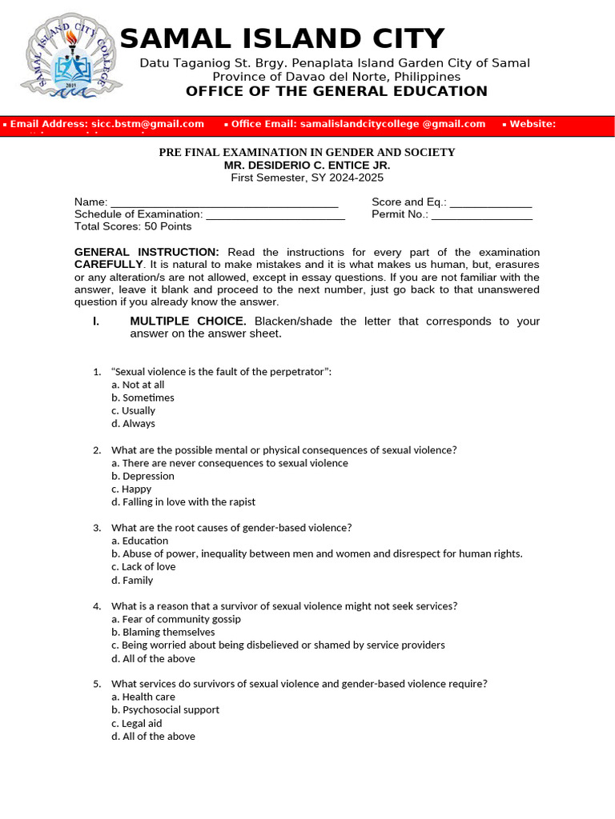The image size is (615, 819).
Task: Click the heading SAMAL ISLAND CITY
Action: (x=282, y=39)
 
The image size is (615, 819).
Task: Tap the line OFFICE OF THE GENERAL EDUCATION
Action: (x=336, y=91)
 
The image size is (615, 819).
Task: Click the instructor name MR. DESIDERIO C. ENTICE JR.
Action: (x=307, y=165)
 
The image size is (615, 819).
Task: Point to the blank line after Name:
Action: (x=224, y=203)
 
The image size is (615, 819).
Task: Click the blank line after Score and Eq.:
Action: (x=491, y=203)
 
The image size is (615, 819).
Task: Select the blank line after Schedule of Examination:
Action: (x=275, y=214)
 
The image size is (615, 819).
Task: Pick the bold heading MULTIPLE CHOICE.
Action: (x=188, y=322)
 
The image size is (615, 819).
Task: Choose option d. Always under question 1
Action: (x=133, y=424)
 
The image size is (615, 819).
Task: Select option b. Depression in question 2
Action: (x=143, y=476)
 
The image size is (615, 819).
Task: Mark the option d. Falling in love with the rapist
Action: (x=183, y=502)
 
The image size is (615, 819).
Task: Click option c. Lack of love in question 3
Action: (x=143, y=567)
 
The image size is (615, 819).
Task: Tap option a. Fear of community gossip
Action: (x=176, y=619)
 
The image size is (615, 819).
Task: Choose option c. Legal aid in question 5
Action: (x=137, y=723)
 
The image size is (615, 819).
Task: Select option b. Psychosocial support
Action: (x=165, y=710)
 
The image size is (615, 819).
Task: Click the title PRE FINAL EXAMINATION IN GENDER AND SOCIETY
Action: (x=307, y=152)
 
